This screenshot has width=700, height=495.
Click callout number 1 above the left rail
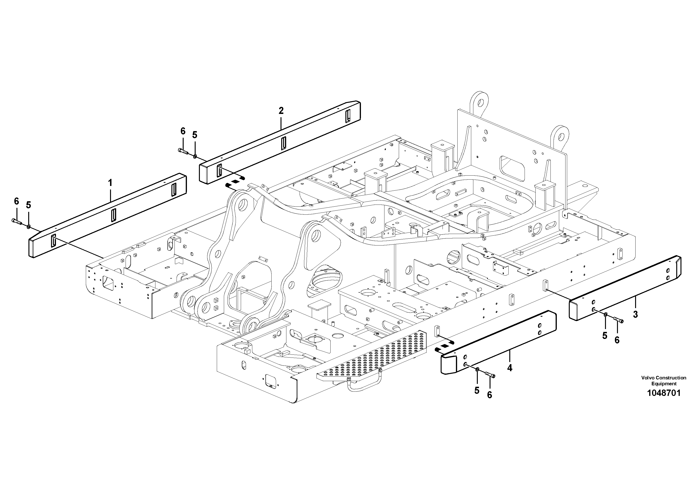(110, 183)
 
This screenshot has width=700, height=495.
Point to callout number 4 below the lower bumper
(510, 368)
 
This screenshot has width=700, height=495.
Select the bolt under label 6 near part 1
(16, 221)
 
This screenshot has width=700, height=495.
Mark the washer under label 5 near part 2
(195, 157)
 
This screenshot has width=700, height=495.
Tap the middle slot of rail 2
(284, 143)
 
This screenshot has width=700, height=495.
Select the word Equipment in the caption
(664, 384)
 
